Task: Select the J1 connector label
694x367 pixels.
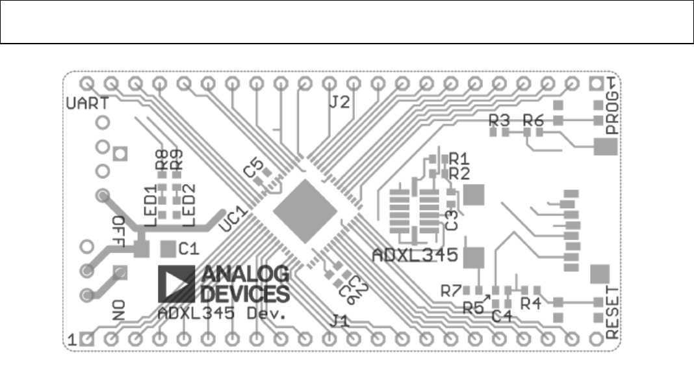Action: (x=341, y=320)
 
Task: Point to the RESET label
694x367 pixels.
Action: (x=612, y=312)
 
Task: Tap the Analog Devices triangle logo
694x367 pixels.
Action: (x=176, y=283)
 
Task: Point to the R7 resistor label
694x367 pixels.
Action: (x=450, y=291)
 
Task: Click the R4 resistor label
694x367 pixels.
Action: (x=530, y=303)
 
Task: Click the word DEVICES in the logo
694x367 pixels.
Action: (x=244, y=294)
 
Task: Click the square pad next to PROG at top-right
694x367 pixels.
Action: (x=596, y=83)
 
